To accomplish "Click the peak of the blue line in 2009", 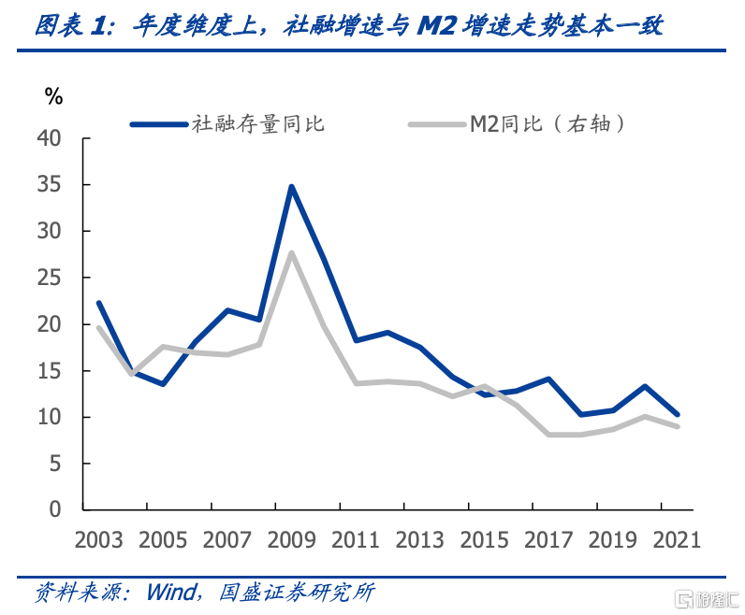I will coord(291,186).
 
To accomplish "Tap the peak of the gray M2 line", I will coord(291,251).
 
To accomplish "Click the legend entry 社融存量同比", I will coord(257,122).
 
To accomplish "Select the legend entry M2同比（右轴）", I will coord(547,122).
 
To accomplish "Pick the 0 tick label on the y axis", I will coord(55,510).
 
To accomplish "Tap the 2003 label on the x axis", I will coord(99,540).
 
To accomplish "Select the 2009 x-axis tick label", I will coord(291,540).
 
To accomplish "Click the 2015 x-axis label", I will coord(484,540).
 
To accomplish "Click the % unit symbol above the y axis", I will coord(53,95).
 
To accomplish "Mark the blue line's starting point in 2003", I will coord(99,302).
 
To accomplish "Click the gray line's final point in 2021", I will coord(677,426).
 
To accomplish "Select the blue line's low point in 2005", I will coord(163,384).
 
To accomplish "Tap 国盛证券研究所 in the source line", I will coord(296,593).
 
